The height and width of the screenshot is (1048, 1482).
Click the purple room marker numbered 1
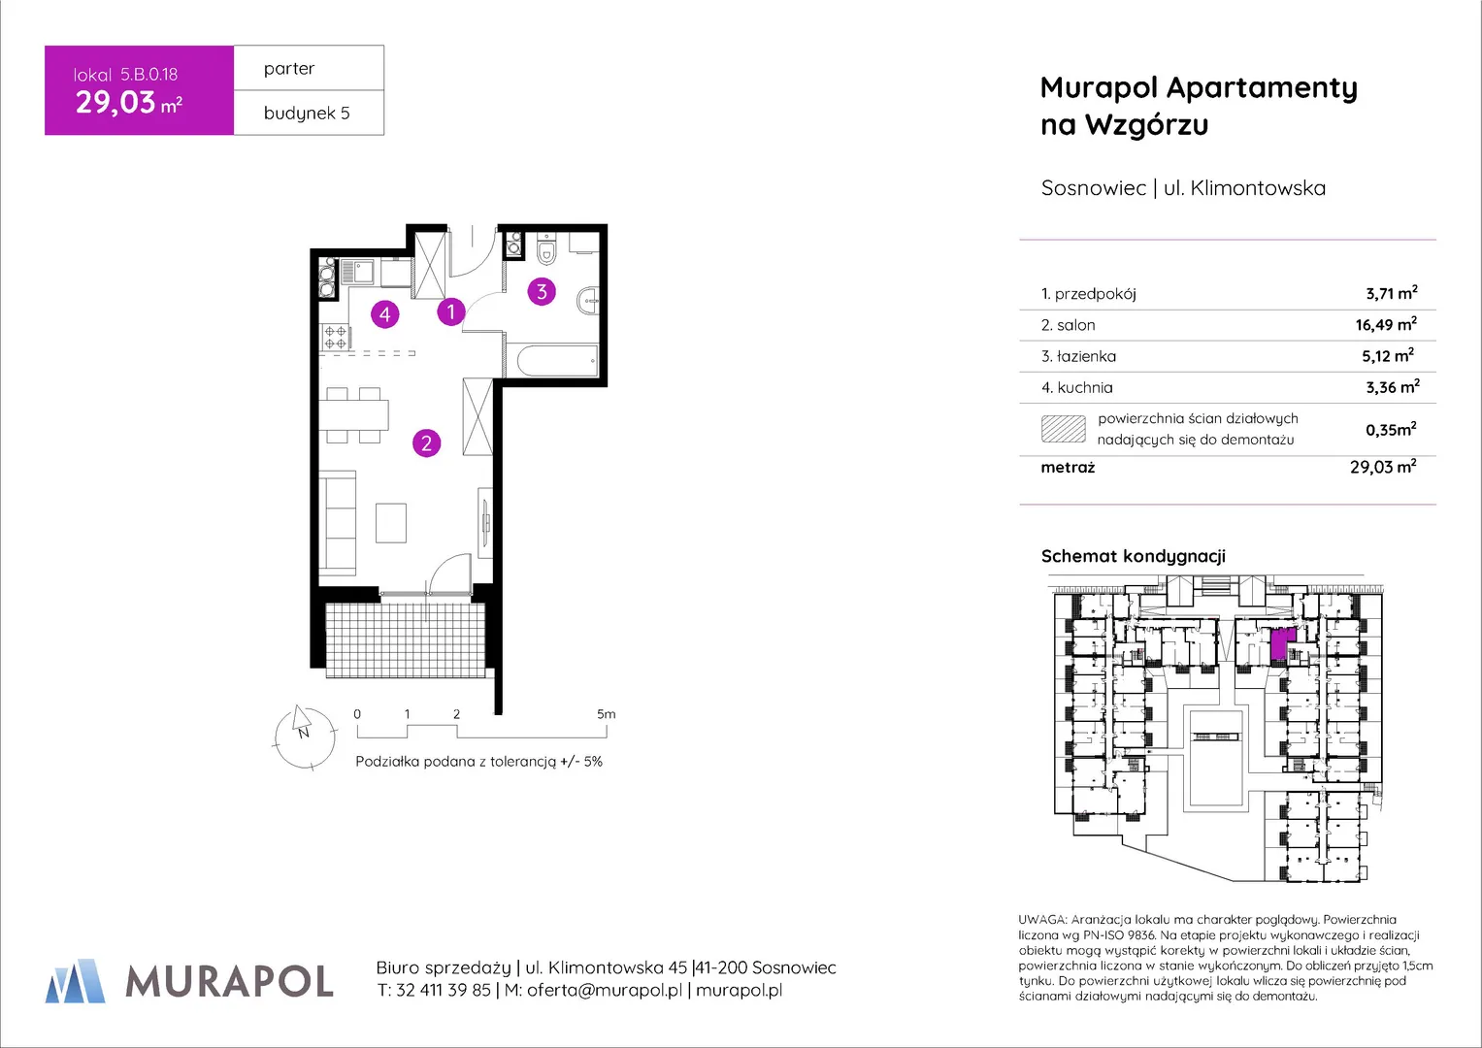coord(451,311)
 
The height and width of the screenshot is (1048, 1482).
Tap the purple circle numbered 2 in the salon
coord(427,443)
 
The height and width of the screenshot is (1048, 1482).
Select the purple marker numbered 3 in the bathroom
coord(542,292)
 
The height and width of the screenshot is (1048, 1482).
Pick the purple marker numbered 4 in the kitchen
coord(385,314)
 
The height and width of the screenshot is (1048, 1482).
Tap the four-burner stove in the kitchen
coord(336,338)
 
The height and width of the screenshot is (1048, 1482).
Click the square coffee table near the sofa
coord(391,523)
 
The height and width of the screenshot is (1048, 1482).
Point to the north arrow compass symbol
coord(305,737)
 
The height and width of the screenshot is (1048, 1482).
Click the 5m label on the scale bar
coord(606,714)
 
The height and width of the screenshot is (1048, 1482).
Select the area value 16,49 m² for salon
coord(1386,324)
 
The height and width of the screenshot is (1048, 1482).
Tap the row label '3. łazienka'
coord(1078,357)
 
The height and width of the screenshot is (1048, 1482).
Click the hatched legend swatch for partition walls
coord(1063,429)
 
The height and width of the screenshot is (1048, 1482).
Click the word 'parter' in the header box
coord(289,69)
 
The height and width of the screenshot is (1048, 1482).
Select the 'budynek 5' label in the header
coord(307,114)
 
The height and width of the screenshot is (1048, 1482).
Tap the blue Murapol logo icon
coord(76,981)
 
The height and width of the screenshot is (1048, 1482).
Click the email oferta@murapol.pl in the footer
coord(604,991)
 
